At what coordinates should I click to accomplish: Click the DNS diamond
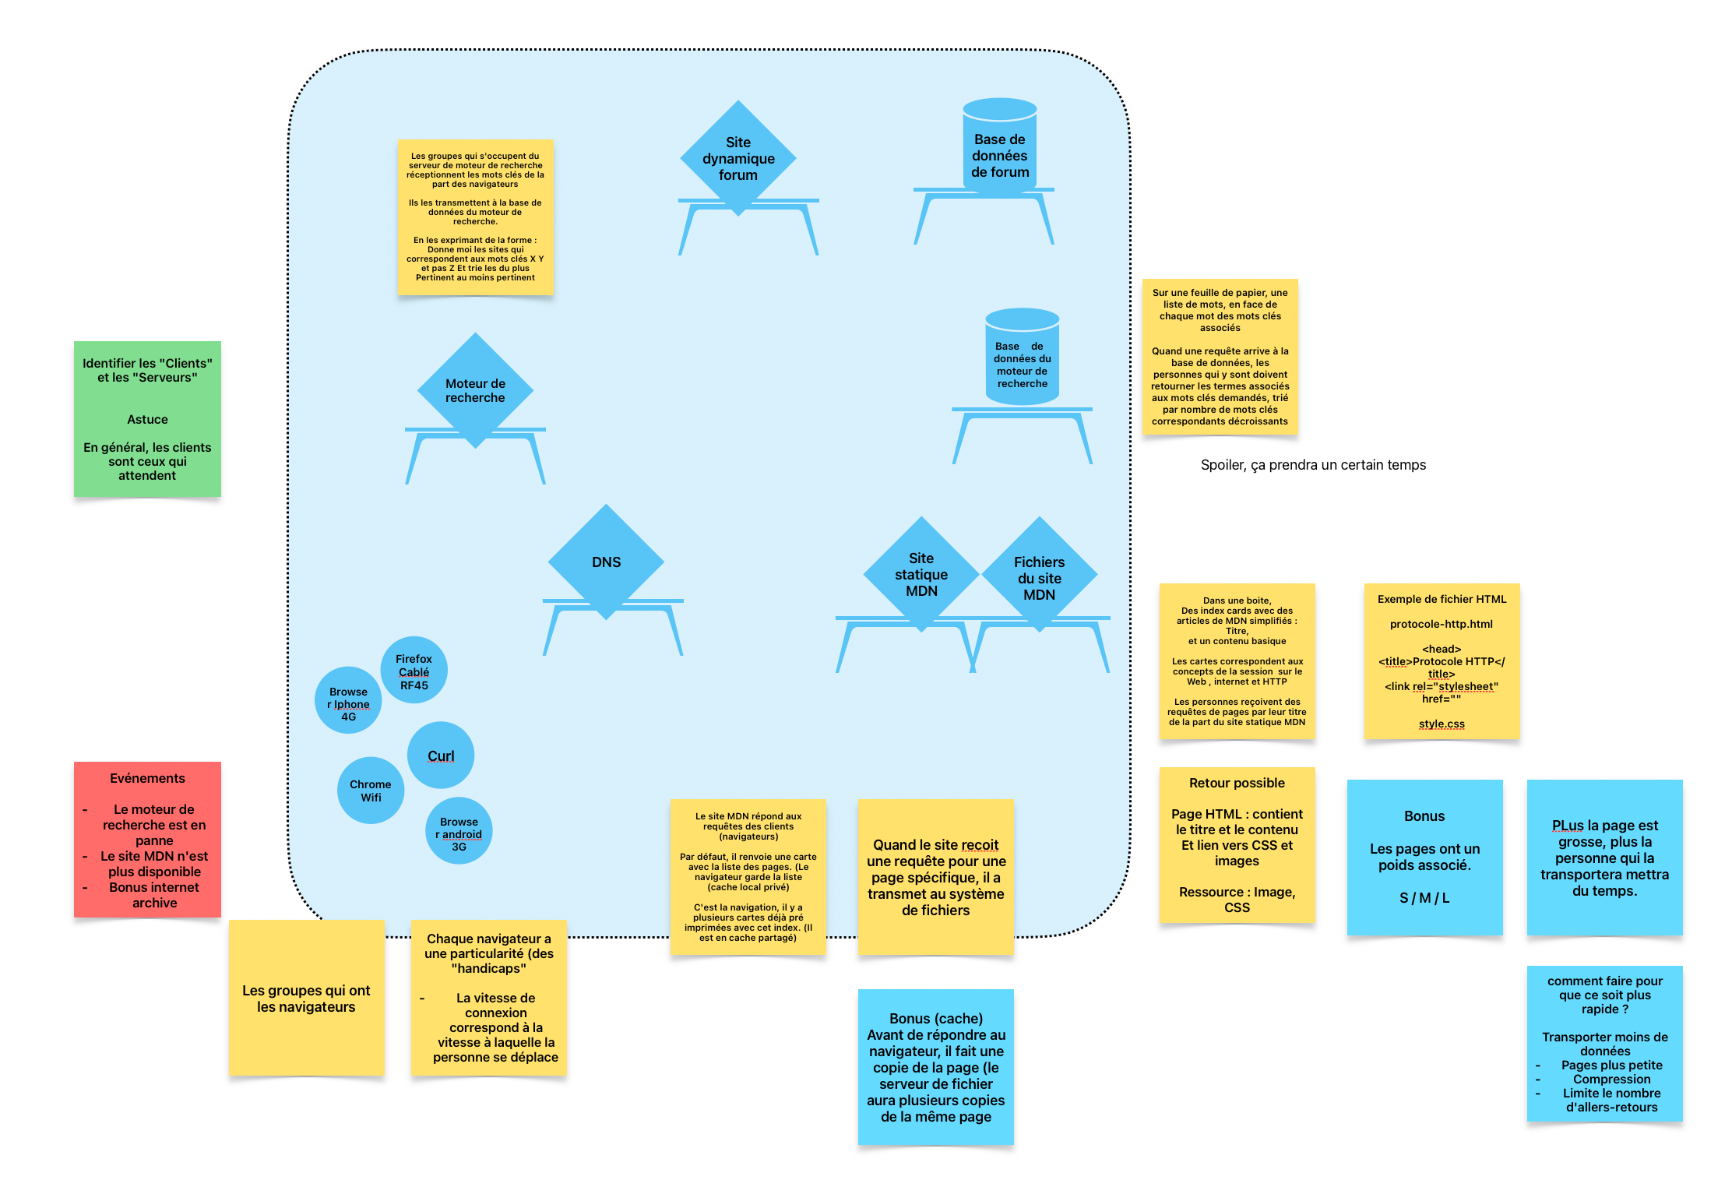tap(606, 562)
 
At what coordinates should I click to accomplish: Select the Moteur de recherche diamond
tap(475, 390)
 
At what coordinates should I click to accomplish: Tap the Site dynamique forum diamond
tap(738, 158)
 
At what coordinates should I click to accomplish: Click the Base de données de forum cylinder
tap(999, 148)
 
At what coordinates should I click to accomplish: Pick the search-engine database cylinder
tap(1022, 358)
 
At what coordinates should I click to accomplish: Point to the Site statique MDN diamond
tap(921, 574)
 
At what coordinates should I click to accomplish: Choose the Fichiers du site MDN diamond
tap(1039, 577)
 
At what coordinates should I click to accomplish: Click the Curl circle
tap(441, 756)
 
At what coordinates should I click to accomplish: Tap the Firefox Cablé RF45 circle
tap(414, 671)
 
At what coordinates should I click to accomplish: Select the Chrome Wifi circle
tap(371, 791)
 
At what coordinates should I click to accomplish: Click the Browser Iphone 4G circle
tap(348, 700)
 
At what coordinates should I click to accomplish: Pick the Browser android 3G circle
tap(459, 831)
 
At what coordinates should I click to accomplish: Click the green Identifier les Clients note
tap(147, 419)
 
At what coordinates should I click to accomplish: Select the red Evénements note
tap(147, 840)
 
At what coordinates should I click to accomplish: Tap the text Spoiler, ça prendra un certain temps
tap(1313, 465)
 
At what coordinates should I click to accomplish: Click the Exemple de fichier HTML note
tap(1442, 661)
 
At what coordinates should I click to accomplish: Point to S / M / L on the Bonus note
tap(1424, 898)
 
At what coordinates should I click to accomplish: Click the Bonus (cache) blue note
tap(935, 1066)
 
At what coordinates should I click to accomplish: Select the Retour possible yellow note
tap(1237, 845)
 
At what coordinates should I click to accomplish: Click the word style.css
tap(1442, 724)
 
